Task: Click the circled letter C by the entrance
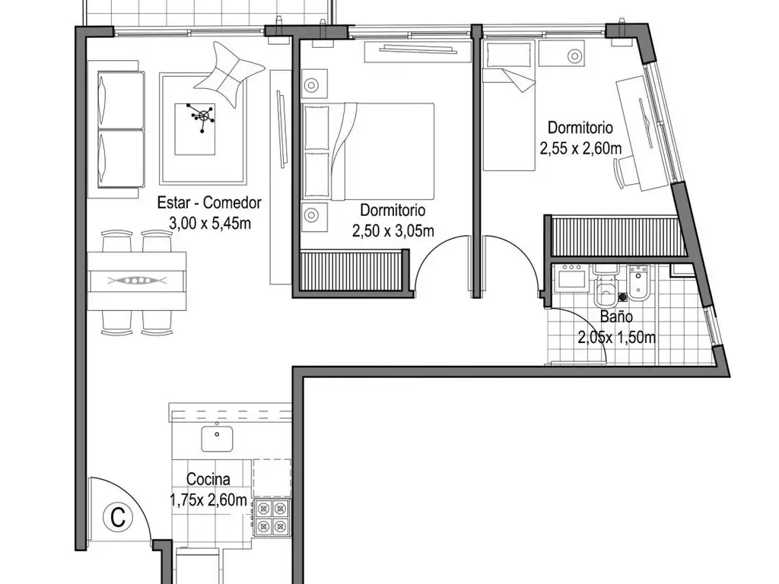118,517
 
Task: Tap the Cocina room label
208,479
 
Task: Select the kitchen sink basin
217,439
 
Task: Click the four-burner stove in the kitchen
272,517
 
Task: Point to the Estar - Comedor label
209,202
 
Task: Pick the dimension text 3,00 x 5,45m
210,224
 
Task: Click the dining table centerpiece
137,281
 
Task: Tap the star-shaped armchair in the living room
229,74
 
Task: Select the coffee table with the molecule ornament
196,129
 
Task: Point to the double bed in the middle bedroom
368,151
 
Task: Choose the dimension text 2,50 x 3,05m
393,231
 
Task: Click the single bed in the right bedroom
509,106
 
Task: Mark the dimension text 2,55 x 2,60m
580,148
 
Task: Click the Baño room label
616,316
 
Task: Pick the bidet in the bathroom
639,283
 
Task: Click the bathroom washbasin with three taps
572,276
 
